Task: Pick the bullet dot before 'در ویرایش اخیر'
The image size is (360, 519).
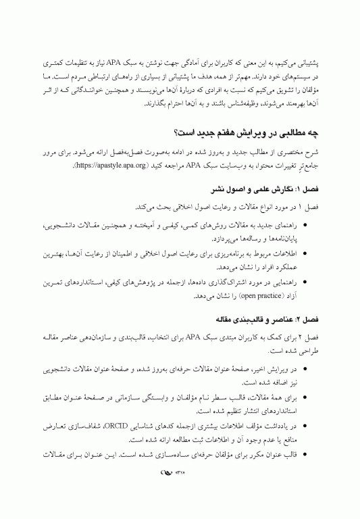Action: coord(306,370)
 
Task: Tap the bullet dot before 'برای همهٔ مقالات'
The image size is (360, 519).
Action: coord(306,399)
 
